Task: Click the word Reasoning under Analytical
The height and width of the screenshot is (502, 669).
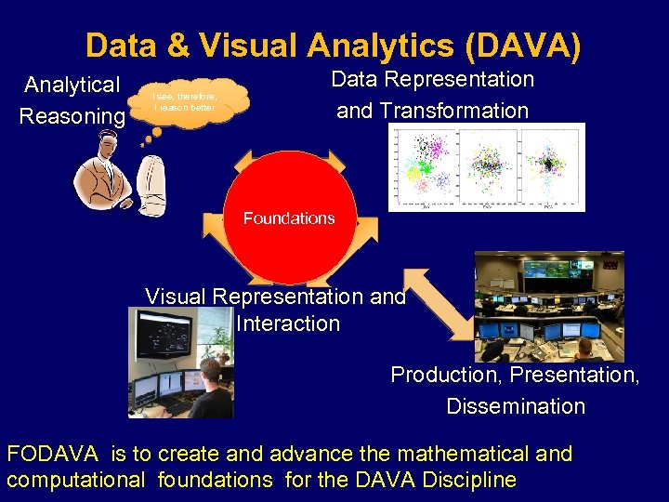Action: click(72, 116)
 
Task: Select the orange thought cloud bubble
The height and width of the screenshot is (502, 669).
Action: click(191, 101)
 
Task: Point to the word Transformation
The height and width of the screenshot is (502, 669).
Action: click(432, 111)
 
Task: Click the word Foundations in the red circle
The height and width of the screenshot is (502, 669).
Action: click(288, 218)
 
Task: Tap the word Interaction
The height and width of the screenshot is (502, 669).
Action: click(288, 324)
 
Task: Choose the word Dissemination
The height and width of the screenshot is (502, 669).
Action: click(516, 406)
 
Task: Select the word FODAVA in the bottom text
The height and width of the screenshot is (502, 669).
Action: click(54, 455)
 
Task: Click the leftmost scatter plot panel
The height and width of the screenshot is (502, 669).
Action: click(426, 165)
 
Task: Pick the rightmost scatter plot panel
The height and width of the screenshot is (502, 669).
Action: click(552, 165)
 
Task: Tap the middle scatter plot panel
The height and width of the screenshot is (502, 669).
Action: click(489, 165)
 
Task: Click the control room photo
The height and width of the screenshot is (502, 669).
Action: click(549, 306)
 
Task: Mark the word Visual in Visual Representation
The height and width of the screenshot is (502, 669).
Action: click(177, 297)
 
